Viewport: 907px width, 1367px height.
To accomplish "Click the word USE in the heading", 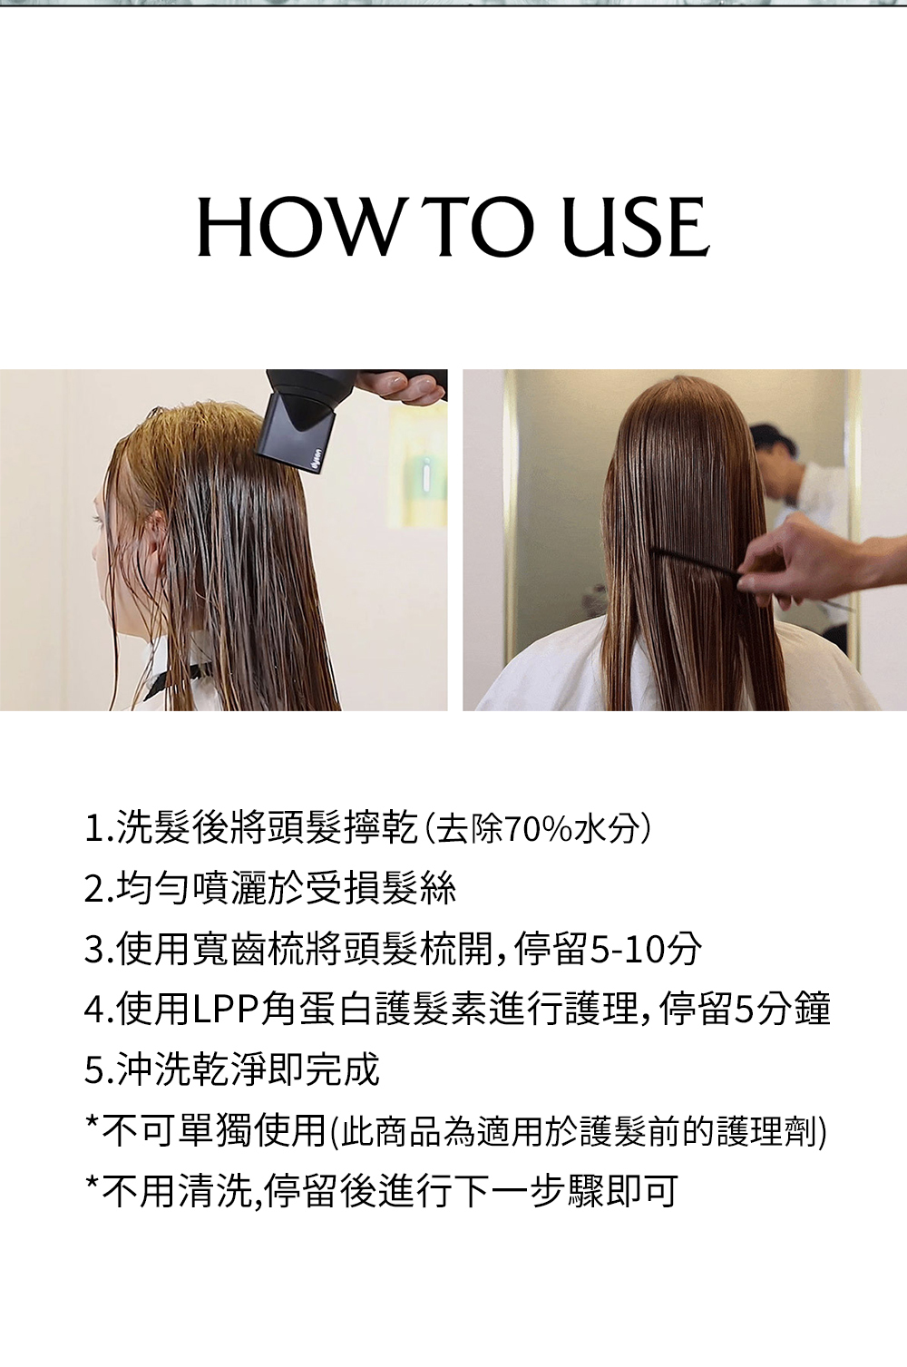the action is tap(636, 227).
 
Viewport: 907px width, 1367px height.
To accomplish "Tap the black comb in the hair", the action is tap(696, 563).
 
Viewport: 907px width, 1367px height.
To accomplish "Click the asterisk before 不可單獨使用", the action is tap(93, 1123).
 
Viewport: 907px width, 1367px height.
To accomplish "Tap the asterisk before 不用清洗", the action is tap(93, 1183).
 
